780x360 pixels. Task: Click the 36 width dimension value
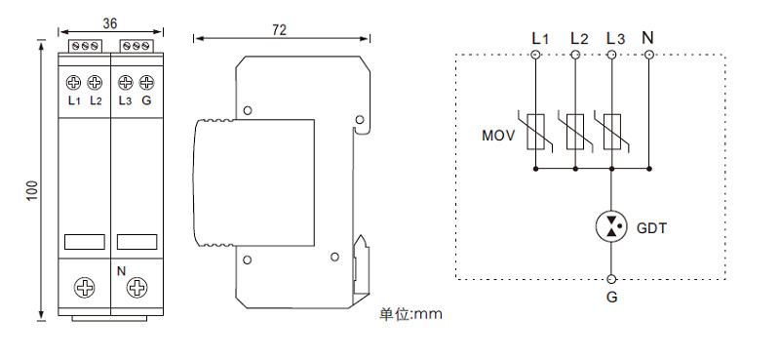pos(110,22)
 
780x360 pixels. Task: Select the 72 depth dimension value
pos(280,30)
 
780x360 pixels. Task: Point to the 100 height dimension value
pos(32,190)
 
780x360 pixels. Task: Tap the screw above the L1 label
pos(74,82)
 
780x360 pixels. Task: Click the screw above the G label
pos(146,82)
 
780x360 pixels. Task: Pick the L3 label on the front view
pos(125,100)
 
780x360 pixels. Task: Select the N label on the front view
pos(121,271)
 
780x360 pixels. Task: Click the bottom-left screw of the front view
pos(85,288)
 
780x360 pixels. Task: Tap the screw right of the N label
pos(136,288)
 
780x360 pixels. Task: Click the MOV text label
pos(498,136)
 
